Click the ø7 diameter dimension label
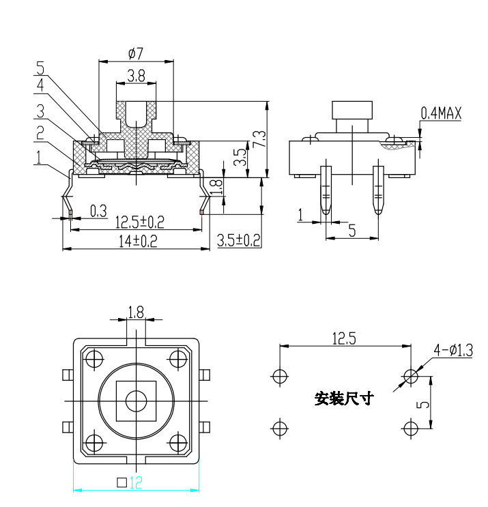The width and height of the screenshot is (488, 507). [135, 53]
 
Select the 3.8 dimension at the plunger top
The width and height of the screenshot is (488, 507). [136, 77]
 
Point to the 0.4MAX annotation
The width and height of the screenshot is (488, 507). [441, 113]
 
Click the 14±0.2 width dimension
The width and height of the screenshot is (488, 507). [137, 241]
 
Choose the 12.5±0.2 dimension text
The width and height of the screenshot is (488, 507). [139, 222]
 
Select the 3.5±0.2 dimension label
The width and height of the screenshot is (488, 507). [238, 240]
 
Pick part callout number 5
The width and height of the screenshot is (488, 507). [40, 68]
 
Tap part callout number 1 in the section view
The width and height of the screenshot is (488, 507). [40, 157]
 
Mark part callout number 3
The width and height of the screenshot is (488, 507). [40, 110]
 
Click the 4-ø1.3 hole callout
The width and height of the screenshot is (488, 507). [453, 351]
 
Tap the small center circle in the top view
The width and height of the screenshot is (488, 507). [137, 401]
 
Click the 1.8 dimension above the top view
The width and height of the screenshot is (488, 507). [136, 312]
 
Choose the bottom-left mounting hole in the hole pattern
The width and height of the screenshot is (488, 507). [278, 428]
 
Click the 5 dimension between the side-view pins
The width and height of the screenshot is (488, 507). [352, 231]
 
